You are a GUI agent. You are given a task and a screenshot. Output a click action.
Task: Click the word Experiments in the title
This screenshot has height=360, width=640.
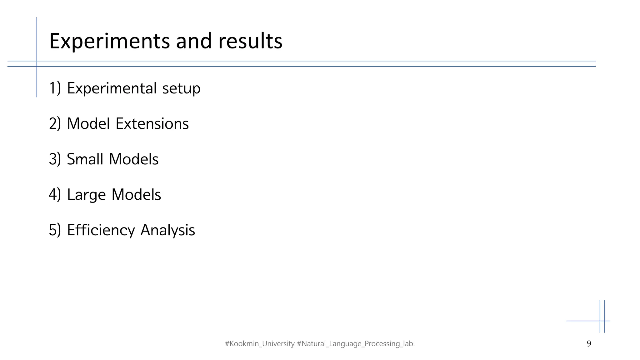[x=109, y=42]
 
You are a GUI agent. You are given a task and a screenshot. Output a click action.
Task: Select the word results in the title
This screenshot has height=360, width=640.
[x=250, y=41]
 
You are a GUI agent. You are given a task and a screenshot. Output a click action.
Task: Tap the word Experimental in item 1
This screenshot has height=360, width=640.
[x=112, y=88]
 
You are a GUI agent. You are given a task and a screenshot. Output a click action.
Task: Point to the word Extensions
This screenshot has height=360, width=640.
[x=152, y=124]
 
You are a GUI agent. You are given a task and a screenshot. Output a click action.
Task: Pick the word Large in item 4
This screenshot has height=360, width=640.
[x=86, y=195]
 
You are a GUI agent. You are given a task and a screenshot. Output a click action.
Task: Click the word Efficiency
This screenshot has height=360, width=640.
[x=101, y=230]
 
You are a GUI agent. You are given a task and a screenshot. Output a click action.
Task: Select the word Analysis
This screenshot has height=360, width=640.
[x=167, y=231]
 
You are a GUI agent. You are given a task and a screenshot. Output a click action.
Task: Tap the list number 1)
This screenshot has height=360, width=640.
[x=55, y=88]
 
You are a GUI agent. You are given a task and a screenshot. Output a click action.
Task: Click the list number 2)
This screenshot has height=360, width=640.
[x=55, y=124]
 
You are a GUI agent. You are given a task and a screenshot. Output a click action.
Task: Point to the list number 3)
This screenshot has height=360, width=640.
[x=55, y=159]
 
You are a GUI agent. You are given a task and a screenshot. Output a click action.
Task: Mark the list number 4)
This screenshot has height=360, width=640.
[x=55, y=195]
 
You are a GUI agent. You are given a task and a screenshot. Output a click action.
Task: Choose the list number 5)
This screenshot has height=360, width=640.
[x=55, y=230]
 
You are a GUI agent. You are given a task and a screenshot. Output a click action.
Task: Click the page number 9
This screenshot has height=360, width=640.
[x=589, y=344]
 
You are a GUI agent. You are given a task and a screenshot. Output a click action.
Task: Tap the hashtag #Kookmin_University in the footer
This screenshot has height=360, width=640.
[x=259, y=344]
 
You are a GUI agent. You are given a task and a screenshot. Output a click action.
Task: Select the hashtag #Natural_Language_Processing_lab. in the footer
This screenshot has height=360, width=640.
[x=356, y=344]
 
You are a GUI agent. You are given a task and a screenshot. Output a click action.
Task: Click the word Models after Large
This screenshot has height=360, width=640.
[x=136, y=195]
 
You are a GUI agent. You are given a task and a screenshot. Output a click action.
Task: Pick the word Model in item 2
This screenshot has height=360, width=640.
[x=88, y=124]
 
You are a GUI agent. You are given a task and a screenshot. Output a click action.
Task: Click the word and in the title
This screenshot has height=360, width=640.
[x=194, y=41]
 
